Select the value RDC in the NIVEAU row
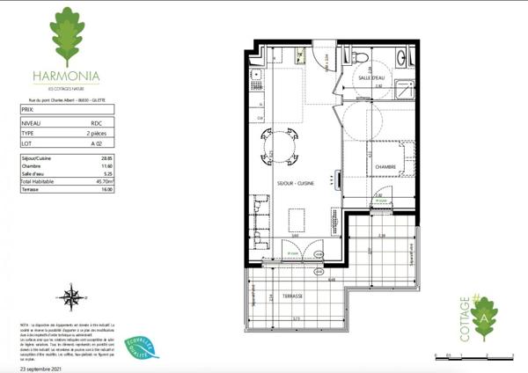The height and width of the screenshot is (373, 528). pyautogui.click(x=97, y=124)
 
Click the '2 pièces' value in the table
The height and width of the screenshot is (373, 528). pyautogui.click(x=99, y=133)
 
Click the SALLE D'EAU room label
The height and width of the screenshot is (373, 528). pyautogui.click(x=371, y=79)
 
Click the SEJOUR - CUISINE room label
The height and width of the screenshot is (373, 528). pyautogui.click(x=296, y=183)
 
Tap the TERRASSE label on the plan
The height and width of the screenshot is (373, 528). pyautogui.click(x=292, y=296)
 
